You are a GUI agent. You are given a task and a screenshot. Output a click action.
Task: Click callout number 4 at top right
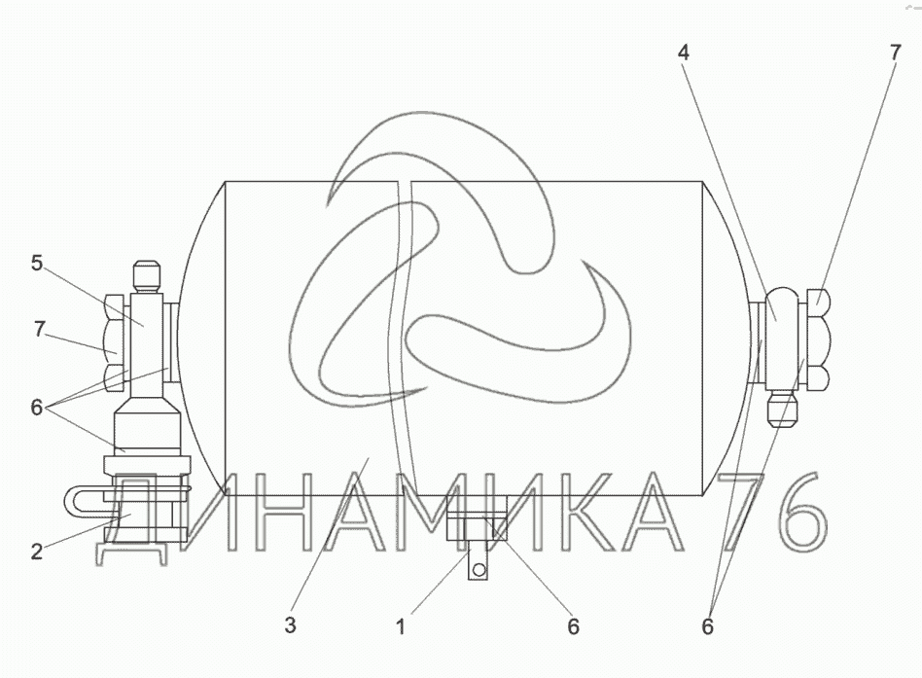683,53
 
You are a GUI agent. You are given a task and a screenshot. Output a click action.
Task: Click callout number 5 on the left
37,264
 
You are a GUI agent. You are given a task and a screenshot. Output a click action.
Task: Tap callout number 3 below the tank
290,625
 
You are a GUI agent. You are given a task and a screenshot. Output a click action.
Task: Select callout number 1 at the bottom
401,626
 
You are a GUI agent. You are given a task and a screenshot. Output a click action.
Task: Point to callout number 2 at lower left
36,552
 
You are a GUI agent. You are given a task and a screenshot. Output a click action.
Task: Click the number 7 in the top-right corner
895,53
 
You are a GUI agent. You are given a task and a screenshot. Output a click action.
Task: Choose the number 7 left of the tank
39,330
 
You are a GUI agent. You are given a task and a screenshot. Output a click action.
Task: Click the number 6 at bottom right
707,626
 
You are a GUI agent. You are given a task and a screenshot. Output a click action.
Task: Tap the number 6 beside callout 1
573,626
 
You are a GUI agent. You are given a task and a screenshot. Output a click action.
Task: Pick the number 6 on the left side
36,407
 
